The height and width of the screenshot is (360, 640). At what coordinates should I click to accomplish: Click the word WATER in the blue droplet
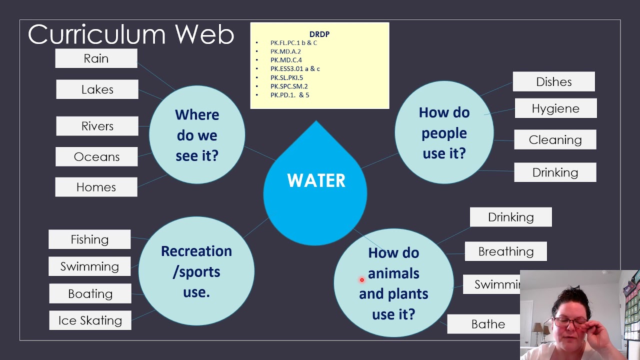click(316, 180)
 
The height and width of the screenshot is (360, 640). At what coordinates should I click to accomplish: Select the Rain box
click(96, 58)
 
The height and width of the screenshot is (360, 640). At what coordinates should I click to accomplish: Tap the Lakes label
click(97, 89)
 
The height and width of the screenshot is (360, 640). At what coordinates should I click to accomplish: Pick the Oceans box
click(96, 156)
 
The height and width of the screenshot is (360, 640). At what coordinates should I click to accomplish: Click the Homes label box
click(96, 187)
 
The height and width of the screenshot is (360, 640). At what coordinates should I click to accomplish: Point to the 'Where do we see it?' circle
click(197, 135)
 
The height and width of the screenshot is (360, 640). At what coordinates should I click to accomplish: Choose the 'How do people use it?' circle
click(444, 133)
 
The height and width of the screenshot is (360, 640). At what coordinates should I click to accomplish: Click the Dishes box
click(553, 81)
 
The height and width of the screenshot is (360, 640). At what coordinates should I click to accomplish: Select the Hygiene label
click(555, 108)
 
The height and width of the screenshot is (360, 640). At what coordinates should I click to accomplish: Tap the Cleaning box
click(555, 140)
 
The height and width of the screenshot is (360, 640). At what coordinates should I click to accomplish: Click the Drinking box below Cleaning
click(555, 172)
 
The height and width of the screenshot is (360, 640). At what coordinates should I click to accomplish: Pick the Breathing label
click(505, 251)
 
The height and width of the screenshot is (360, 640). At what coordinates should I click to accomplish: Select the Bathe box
click(488, 324)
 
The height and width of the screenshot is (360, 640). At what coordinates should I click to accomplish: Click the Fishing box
click(89, 239)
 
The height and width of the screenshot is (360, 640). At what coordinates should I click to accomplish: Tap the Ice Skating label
click(90, 320)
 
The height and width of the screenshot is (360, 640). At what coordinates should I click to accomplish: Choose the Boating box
click(90, 293)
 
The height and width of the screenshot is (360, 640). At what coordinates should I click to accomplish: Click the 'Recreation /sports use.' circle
click(196, 271)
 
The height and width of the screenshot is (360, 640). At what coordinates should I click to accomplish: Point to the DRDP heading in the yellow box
click(319, 34)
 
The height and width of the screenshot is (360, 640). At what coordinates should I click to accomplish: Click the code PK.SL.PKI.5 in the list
click(286, 77)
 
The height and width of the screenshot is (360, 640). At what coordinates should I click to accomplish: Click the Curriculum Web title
click(131, 34)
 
